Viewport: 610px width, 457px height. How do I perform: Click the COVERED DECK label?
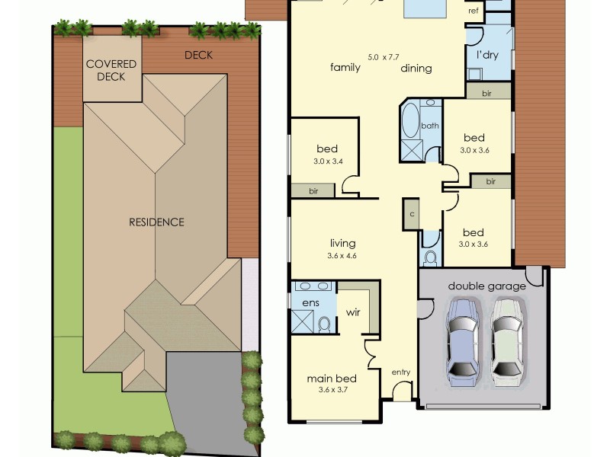pos(111,70)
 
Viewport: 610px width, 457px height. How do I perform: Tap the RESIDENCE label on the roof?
pos(156,222)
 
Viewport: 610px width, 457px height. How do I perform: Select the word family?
pos(345,68)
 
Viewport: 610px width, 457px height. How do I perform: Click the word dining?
pos(416,69)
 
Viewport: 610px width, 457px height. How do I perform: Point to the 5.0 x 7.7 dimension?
pos(383,57)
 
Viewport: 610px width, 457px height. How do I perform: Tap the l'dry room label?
pos(488,56)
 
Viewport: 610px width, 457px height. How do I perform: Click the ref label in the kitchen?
pos(474,11)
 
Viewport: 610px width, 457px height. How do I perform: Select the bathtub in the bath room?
pos(409,122)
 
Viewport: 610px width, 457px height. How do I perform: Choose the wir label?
pos(353,312)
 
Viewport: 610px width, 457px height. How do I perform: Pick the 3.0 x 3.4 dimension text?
pos(328,161)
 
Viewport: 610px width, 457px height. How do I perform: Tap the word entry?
pos(401,372)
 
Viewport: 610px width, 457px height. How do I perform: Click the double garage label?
pos(486,286)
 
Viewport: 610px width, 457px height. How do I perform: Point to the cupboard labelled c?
pos(412,214)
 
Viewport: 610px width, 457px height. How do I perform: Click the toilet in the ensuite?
pos(324,325)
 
